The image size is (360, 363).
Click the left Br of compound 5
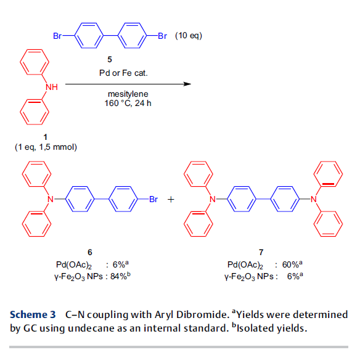(x=57, y=36)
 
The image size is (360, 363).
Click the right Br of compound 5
(x=162, y=36)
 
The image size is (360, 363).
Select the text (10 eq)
(x=189, y=36)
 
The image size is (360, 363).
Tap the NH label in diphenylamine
(x=52, y=87)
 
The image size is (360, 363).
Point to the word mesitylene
(x=128, y=94)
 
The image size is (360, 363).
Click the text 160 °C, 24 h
(x=128, y=104)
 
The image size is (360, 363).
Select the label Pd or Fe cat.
(x=123, y=73)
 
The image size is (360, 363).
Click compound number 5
(x=110, y=60)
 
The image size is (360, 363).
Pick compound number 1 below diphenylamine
(x=46, y=137)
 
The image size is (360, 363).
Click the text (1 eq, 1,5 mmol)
(x=46, y=147)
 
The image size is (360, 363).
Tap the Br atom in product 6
(x=153, y=199)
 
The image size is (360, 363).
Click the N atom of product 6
(x=51, y=199)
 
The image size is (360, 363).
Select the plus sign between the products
(x=171, y=199)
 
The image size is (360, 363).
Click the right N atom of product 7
(x=314, y=199)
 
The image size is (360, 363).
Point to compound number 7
(x=261, y=252)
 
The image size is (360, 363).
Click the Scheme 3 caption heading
(x=33, y=314)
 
